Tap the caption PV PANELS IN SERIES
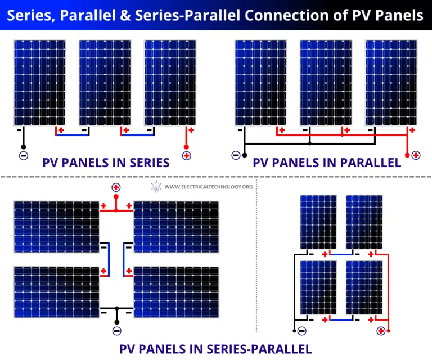(106, 163)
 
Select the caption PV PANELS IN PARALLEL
(327, 163)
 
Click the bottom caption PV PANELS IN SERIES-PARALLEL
(215, 349)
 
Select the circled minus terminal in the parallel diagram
(236, 155)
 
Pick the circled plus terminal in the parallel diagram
(416, 155)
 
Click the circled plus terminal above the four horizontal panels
(116, 188)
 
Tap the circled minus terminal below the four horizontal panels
(116, 331)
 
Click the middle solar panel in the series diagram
(105, 83)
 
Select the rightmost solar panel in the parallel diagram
(391, 83)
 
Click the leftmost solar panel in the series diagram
(40, 83)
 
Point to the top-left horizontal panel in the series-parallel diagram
(57, 227)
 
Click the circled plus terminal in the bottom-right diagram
(381, 331)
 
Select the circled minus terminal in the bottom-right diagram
(302, 331)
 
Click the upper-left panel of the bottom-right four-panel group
(318, 222)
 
